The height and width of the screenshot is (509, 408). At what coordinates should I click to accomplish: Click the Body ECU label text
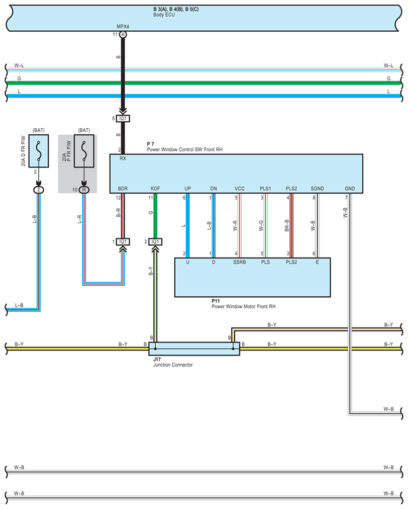click(x=164, y=15)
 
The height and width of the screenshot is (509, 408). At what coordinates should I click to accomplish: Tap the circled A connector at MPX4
click(x=123, y=34)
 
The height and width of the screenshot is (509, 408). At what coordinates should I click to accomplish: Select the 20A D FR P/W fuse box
click(x=39, y=151)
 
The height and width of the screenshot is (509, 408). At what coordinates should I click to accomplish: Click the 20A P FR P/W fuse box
click(x=84, y=151)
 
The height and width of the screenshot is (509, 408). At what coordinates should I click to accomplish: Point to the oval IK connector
click(x=84, y=190)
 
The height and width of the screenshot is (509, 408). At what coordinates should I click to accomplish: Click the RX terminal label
click(x=123, y=158)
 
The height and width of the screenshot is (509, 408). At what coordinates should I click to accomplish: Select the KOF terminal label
click(x=155, y=189)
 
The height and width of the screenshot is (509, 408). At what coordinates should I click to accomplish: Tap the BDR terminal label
click(x=123, y=189)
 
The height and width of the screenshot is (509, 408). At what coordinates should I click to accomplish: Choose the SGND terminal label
click(x=317, y=189)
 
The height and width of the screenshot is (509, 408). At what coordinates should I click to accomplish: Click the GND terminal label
click(x=350, y=189)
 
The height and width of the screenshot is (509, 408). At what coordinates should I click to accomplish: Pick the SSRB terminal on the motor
click(x=239, y=262)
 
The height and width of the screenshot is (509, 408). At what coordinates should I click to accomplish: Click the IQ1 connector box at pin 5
click(x=123, y=119)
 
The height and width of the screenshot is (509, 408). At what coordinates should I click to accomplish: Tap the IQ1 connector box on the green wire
click(x=155, y=241)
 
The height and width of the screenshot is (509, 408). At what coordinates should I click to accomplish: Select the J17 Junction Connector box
click(x=194, y=349)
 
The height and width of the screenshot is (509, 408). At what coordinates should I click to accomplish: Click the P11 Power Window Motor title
click(x=244, y=304)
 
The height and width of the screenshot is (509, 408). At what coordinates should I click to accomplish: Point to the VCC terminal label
click(x=239, y=189)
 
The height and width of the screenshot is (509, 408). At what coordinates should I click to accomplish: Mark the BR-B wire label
click(x=287, y=226)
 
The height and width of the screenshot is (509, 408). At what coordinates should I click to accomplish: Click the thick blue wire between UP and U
click(x=188, y=226)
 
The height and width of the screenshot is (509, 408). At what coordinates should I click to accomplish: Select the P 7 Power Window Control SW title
click(x=184, y=147)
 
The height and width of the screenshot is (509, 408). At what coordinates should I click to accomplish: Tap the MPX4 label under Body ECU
click(x=123, y=27)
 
